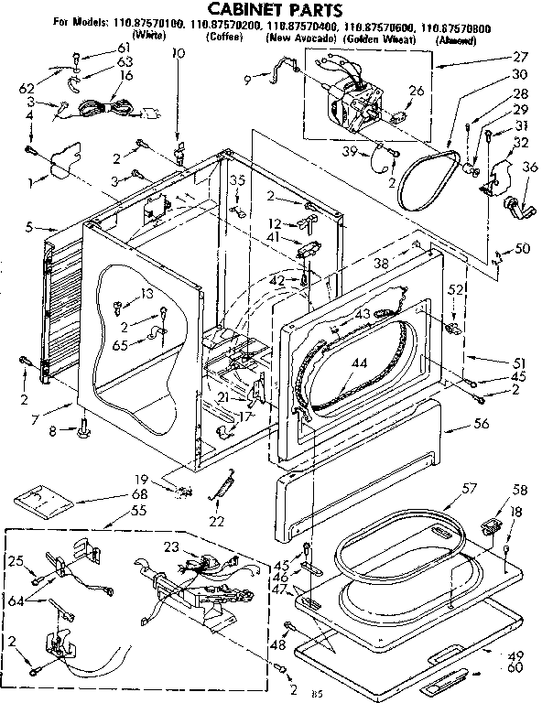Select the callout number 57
click(x=469, y=489)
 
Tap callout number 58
click(x=520, y=489)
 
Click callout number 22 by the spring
click(x=216, y=522)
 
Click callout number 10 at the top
click(x=177, y=54)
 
